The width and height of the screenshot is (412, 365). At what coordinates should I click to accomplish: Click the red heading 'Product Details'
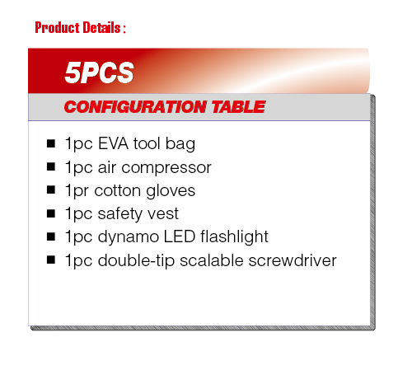tap(77, 27)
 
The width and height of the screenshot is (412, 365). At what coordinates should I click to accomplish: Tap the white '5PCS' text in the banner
tap(99, 73)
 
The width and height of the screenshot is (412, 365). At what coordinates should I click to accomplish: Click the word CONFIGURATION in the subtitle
tap(135, 106)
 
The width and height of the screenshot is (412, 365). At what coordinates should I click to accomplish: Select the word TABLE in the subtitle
tap(238, 106)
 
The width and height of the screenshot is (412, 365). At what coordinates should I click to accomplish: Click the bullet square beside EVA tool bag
tap(51, 143)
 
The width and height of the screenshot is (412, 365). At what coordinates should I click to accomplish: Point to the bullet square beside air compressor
tap(51, 166)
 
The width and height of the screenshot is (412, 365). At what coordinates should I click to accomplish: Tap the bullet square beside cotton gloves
tap(51, 190)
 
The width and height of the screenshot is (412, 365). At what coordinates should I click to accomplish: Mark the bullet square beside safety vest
tap(51, 213)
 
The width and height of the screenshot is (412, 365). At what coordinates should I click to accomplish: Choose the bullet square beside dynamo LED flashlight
tap(51, 236)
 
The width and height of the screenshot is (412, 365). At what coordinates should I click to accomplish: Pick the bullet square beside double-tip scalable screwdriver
tap(51, 260)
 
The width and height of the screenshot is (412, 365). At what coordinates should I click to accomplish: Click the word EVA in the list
tap(113, 143)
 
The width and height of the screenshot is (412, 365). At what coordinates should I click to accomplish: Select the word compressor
tap(166, 168)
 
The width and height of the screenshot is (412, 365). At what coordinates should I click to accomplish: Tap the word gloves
tap(171, 191)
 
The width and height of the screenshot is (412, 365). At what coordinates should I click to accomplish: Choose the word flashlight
tap(234, 237)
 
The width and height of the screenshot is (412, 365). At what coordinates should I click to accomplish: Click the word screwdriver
tap(293, 260)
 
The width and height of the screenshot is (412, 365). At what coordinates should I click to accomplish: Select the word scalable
tap(212, 260)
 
